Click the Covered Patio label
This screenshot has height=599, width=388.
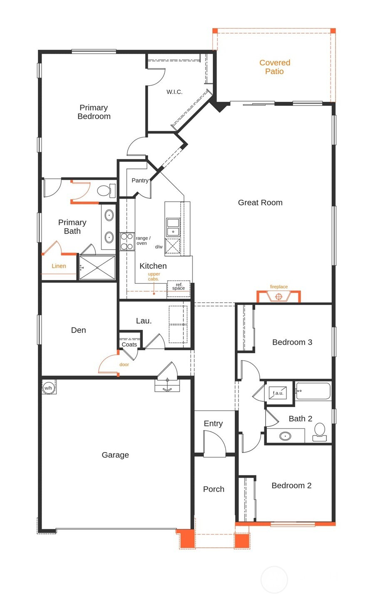point(274,67)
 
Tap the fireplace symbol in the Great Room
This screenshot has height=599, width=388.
point(279,296)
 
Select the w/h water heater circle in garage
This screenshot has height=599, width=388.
point(48,388)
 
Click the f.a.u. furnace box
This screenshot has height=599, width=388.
point(278,393)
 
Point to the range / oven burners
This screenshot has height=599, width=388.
point(127,242)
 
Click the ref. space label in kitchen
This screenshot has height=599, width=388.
point(179,287)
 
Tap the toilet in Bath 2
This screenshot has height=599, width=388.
point(320,431)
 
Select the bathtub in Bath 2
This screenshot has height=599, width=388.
point(313,391)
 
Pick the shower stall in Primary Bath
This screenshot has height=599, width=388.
point(97,268)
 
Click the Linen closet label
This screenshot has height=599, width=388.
point(59,266)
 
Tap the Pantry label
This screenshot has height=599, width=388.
point(140,181)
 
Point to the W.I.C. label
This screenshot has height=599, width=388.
point(174,92)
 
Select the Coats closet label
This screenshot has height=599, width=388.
point(129,344)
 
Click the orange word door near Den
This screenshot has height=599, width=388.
point(124,364)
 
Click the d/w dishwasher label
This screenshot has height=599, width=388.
point(159,247)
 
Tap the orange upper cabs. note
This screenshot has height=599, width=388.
point(154,277)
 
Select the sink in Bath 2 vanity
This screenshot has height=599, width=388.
point(285,436)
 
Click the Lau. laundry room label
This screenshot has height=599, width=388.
point(144,321)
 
